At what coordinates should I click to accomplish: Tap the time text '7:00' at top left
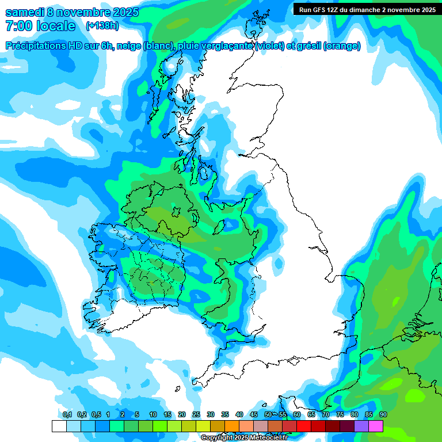pyautogui.click(x=17, y=26)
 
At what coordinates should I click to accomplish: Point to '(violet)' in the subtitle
pyautogui.click(x=269, y=46)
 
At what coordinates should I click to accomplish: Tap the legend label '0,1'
pyautogui.click(x=67, y=414)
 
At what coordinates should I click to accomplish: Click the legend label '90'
pyautogui.click(x=383, y=414)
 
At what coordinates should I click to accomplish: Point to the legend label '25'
pyautogui.click(x=196, y=414)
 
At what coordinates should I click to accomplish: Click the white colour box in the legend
pyautogui.click(x=59, y=426)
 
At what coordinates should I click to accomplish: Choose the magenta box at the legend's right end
pyautogui.click(x=376, y=426)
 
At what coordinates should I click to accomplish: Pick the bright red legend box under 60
pyautogui.click(x=304, y=426)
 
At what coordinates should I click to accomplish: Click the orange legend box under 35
pyautogui.click(x=232, y=426)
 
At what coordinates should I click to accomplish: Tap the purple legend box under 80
pyautogui.click(x=361, y=426)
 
